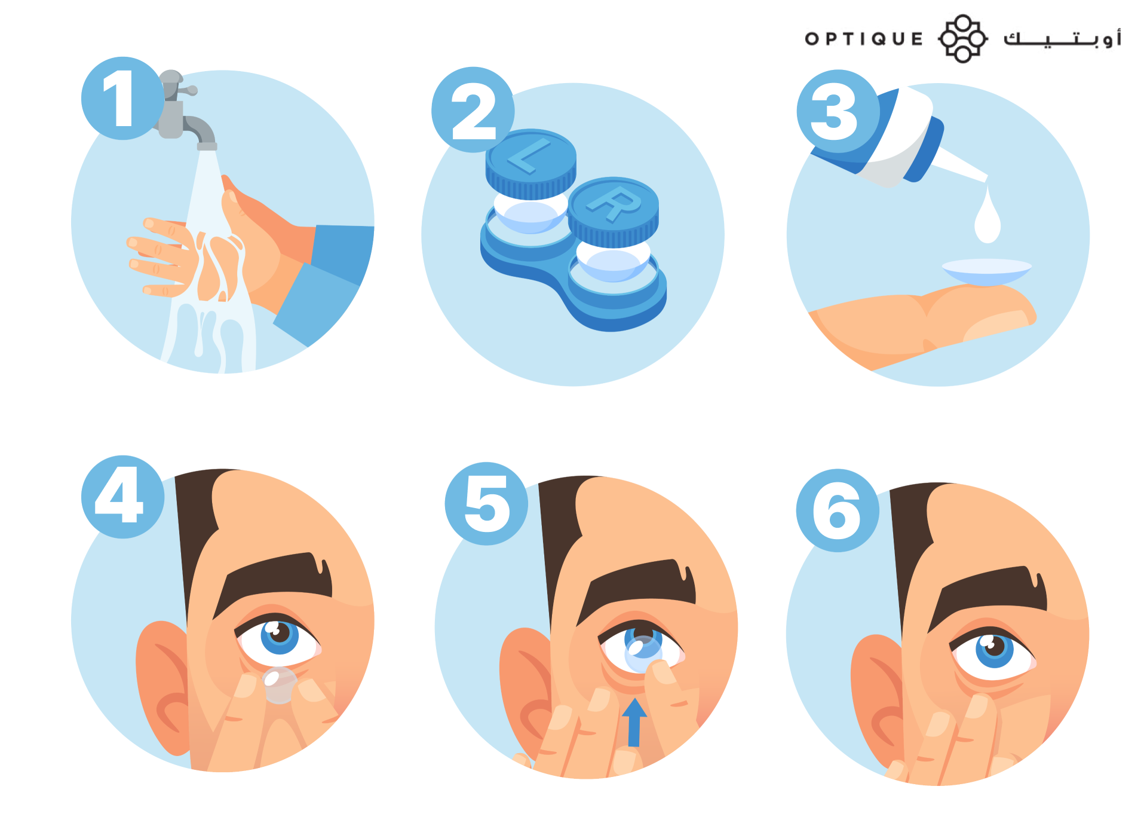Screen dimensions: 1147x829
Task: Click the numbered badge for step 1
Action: (122, 99)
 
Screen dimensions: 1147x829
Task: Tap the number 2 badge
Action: (473, 109)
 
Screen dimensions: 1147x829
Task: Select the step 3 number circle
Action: (838, 111)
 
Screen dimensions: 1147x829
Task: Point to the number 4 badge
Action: (122, 497)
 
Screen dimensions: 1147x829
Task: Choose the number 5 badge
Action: (486, 503)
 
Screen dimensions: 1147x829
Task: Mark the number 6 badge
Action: (838, 510)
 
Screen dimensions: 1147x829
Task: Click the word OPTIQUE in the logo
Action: (864, 39)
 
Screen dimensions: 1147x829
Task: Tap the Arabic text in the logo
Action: (1062, 38)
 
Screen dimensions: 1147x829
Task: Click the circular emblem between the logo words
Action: (962, 39)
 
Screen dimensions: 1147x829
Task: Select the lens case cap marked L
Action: (530, 163)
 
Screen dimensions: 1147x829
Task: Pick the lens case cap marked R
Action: (613, 212)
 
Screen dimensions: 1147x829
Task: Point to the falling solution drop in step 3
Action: (987, 216)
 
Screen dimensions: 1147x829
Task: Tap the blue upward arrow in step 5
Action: (634, 722)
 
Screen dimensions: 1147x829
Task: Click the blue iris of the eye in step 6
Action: (994, 650)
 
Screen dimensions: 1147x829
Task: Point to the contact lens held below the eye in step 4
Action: (278, 685)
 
